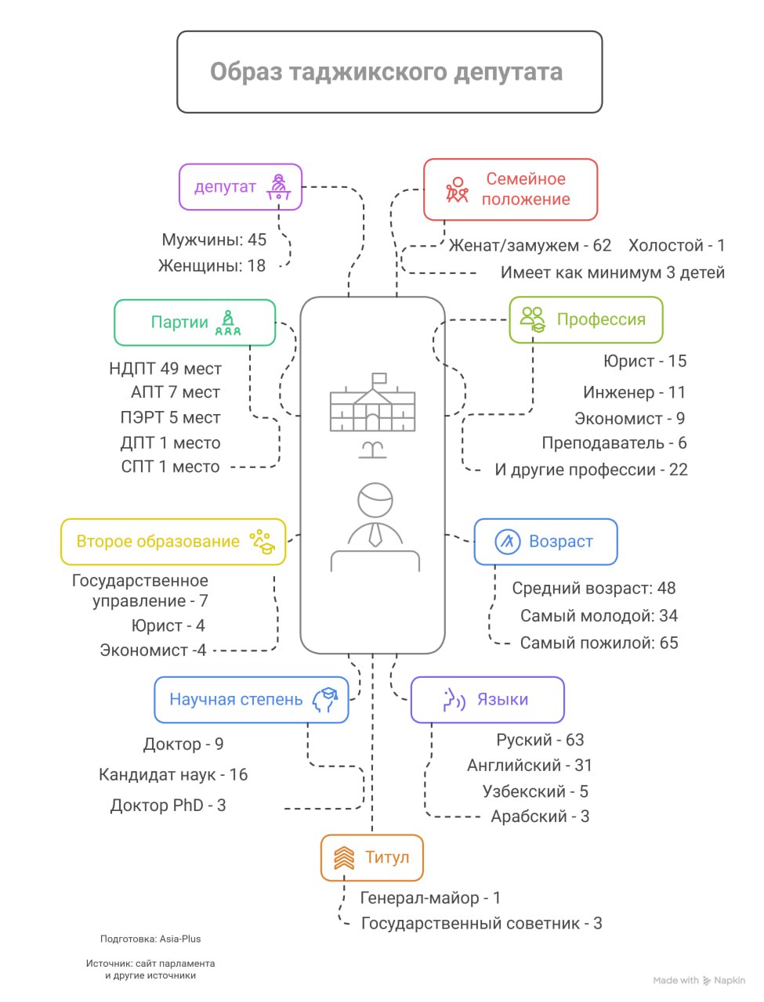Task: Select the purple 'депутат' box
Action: pos(240,187)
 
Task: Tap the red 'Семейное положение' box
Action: pos(510,189)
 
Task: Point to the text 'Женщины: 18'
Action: pos(212,266)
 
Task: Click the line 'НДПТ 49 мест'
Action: pos(165,369)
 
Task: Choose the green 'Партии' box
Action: pos(194,323)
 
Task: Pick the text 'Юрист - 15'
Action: pos(644,362)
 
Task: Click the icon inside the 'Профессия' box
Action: pos(533,319)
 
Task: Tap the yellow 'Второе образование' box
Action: pos(172,542)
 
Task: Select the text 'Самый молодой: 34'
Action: pos(599,616)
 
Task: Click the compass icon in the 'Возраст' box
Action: pos(508,542)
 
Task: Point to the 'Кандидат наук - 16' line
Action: pos(173,775)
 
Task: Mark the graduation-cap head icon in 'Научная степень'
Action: pos(324,700)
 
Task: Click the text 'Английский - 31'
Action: pos(529,766)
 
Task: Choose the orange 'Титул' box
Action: pos(371,858)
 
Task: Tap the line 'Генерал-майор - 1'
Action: pos(430,898)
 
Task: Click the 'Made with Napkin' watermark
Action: pos(699,980)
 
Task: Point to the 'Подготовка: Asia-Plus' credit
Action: pos(150,939)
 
